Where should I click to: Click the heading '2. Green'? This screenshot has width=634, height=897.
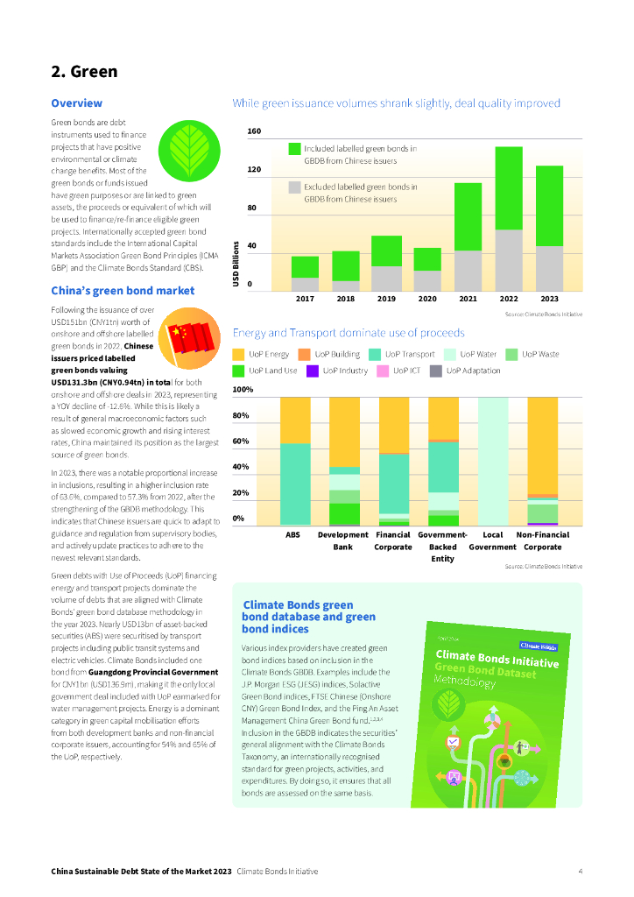click(83, 71)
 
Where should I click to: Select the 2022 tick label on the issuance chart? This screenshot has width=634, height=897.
click(509, 299)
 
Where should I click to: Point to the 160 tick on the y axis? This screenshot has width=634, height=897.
click(254, 132)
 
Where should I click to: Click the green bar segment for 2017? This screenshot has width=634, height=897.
click(305, 266)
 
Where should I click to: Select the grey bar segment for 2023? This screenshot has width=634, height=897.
click(549, 268)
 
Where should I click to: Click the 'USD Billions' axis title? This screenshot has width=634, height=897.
click(236, 263)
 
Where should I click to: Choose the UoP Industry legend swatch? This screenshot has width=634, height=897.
click(312, 371)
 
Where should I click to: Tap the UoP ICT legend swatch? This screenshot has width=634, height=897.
click(382, 371)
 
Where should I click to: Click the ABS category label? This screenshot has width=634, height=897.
click(293, 534)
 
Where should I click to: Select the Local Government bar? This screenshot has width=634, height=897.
click(493, 460)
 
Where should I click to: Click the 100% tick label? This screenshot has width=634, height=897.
click(243, 389)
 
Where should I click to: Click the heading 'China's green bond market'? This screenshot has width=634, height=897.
click(123, 291)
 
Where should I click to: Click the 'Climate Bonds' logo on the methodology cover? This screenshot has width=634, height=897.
click(539, 646)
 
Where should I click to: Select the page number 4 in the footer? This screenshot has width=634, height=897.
click(581, 872)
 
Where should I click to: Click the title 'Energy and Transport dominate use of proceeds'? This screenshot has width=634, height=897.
click(348, 333)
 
